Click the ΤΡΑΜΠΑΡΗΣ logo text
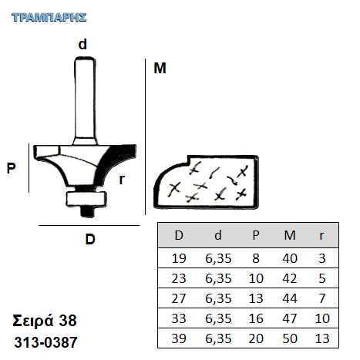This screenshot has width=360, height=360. click(49, 18)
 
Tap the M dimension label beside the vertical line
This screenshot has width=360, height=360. click(160, 68)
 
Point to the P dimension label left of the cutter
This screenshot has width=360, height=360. click(11, 168)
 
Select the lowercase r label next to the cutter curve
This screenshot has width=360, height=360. click(122, 179)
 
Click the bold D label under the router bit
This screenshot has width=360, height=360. click(90, 239)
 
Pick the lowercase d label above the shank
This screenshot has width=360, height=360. click(82, 44)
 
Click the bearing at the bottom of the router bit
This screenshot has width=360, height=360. click(86, 199)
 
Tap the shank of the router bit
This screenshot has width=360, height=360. click(86, 101)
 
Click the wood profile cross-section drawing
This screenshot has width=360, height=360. click(206, 181)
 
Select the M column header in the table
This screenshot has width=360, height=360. click(290, 235)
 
